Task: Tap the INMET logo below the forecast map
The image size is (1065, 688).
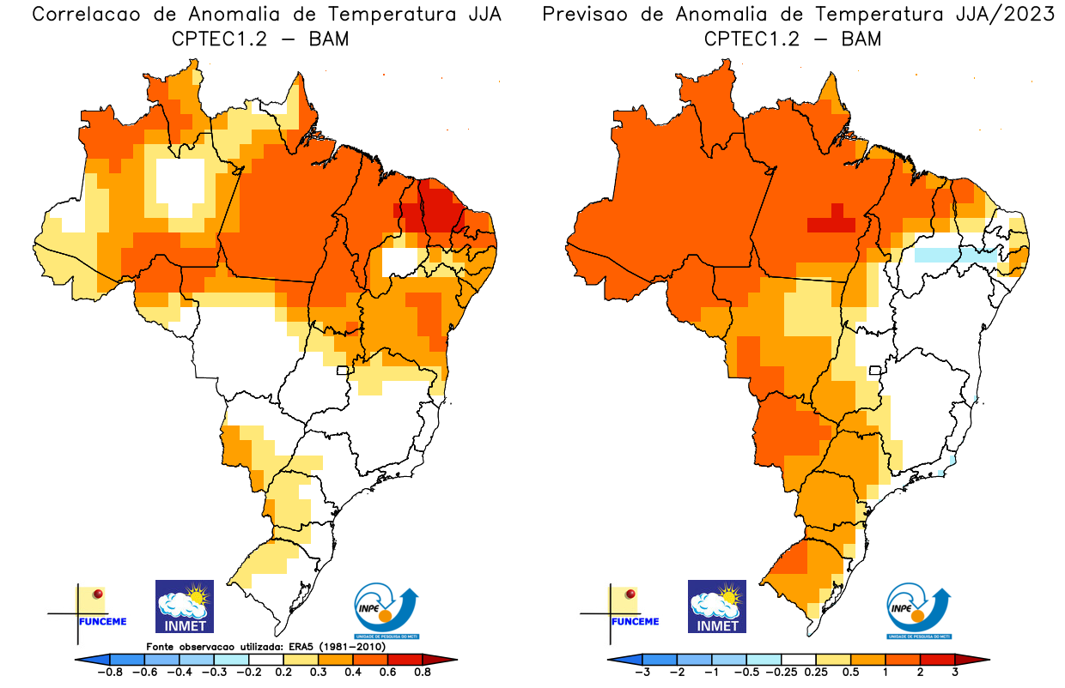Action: [717, 607]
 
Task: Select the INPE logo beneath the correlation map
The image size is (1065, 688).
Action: [386, 612]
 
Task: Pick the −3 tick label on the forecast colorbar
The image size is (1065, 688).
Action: [642, 672]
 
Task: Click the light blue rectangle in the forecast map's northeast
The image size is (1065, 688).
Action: [956, 255]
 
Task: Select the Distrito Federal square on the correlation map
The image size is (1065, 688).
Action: [344, 371]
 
